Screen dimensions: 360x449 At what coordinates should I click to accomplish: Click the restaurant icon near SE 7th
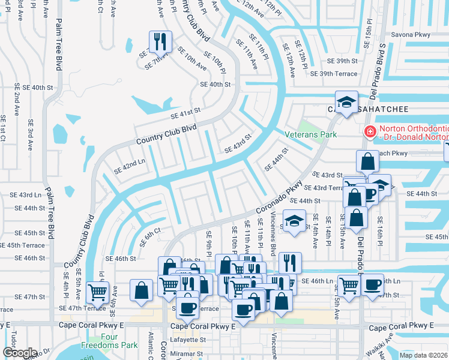160,41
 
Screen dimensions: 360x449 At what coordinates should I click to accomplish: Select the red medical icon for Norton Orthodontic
370,131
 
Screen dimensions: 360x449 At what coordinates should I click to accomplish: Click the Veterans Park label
310,135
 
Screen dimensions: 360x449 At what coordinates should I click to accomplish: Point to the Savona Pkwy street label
411,35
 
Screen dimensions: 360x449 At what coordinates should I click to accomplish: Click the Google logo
20,353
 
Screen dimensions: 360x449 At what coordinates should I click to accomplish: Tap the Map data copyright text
423,355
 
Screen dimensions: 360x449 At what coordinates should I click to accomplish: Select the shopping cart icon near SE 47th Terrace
97,292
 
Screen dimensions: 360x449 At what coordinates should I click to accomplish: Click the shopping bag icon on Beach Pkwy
367,161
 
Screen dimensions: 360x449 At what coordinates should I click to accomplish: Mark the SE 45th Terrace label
22,245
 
